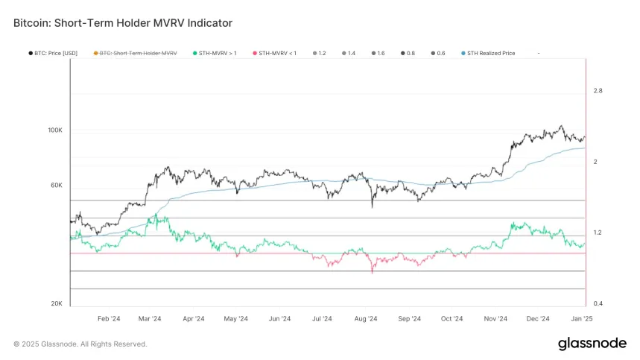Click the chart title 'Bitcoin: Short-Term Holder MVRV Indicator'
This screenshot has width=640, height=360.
coord(123,23)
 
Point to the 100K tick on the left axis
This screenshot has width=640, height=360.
coord(55,130)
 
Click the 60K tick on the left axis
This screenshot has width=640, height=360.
coord(56,186)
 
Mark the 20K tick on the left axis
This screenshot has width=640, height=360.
coord(56,303)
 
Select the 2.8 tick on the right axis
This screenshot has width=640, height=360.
coord(598,91)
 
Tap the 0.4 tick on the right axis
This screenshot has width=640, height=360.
coord(598,303)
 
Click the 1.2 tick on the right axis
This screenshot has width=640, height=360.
coord(598,233)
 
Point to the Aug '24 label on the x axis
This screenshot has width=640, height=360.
coord(365,318)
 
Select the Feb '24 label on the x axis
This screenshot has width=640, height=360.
coord(109,318)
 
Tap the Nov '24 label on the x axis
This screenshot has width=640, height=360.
coord(495,318)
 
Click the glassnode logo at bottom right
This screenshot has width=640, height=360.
coord(592,344)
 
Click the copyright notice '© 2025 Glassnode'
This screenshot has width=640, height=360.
coord(80,344)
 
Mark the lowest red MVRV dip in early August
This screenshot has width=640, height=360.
coord(371,273)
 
